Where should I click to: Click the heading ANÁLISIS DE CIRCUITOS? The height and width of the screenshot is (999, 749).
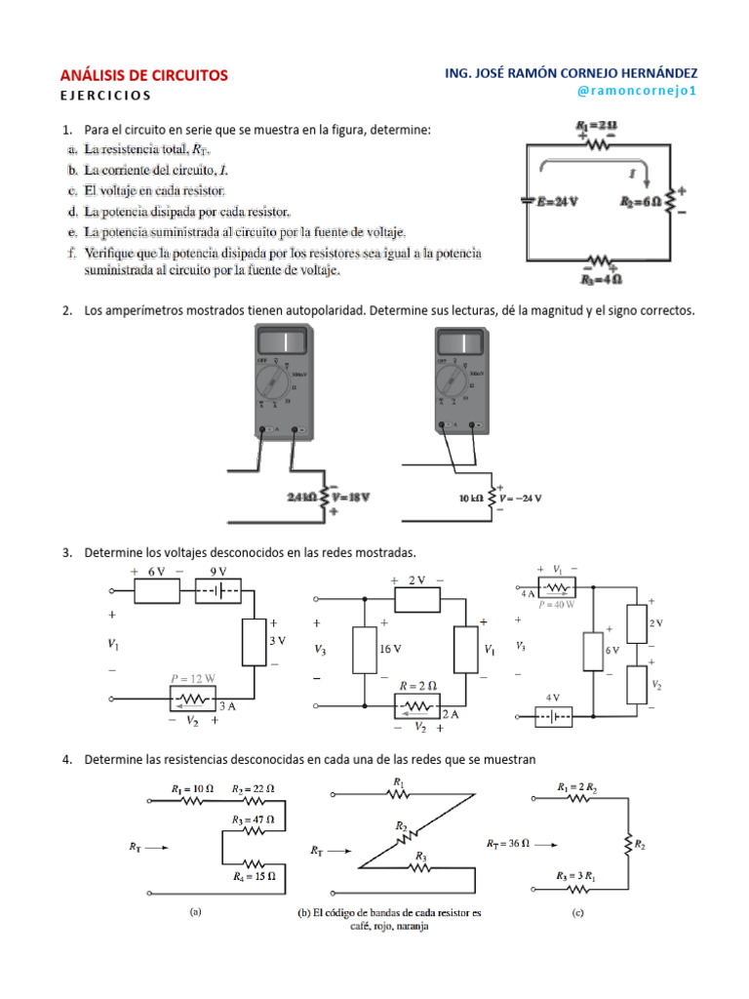click(x=144, y=75)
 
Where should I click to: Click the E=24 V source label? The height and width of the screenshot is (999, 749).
click(x=557, y=201)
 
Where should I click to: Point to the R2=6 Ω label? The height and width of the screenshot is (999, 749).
click(x=640, y=201)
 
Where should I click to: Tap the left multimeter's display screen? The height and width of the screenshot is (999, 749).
click(x=283, y=343)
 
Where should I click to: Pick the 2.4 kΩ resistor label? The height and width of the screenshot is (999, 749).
click(x=302, y=497)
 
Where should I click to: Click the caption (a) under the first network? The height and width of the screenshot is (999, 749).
click(x=195, y=914)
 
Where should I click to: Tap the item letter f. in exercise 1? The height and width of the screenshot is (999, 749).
click(x=71, y=254)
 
